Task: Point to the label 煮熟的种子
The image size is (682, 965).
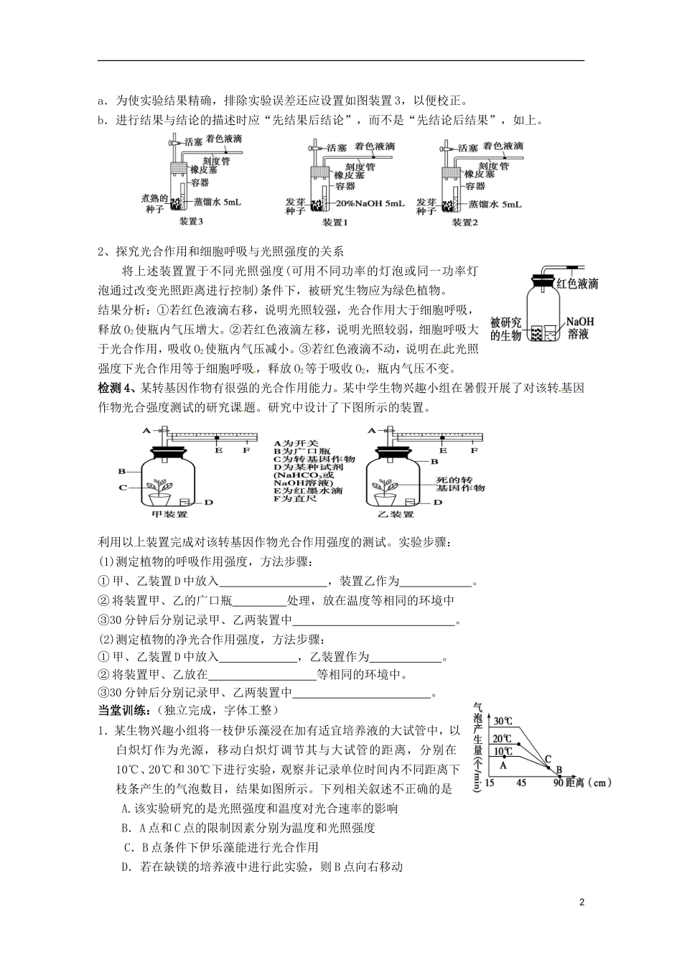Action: coord(154,203)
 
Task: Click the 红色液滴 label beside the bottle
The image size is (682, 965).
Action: coord(577,284)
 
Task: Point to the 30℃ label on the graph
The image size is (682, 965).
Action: coord(503,721)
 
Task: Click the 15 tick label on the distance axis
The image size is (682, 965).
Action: coord(490,782)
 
